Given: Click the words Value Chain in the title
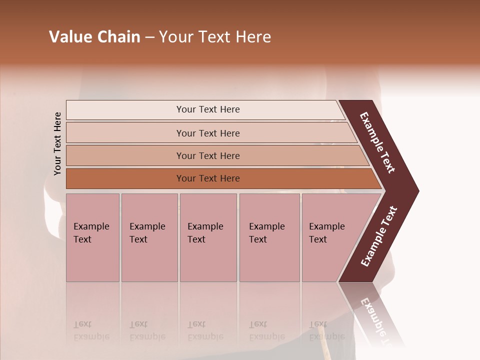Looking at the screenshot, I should coord(94,37).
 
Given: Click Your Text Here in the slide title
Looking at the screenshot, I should coord(215,37).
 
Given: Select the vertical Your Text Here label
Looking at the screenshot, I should coord(57,144).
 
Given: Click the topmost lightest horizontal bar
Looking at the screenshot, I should coord(207,109).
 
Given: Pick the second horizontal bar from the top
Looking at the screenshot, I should coord(207,133).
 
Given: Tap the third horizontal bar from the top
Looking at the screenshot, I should coord(207,155).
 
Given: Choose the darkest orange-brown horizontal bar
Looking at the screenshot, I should coord(207,178).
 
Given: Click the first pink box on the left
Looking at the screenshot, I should coord(92,237).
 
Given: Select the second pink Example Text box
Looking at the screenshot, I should coord(149,237).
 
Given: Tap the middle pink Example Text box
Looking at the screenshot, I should coord(208,237).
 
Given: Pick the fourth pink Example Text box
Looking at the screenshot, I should coord(269,237).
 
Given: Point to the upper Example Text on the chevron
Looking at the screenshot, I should coord(377,142).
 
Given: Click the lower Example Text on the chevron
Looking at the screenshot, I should coord(379,236).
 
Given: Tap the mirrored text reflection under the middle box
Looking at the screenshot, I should coord(204,330).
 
